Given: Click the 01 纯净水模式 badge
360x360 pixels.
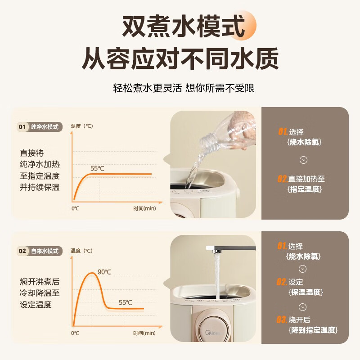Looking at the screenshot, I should (40, 127).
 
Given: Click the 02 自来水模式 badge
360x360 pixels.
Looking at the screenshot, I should (40, 251).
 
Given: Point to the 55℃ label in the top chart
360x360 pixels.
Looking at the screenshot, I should (97, 169).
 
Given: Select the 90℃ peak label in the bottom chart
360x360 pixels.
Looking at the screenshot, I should (104, 272).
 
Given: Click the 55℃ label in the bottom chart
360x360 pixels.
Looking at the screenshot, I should (125, 302).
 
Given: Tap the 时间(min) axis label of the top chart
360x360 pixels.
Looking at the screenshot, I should (144, 209).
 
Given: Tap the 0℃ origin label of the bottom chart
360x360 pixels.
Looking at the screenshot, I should (75, 333).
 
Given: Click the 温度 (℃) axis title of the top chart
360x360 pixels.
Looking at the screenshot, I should (82, 126).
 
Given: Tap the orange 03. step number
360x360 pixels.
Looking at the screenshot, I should (282, 320).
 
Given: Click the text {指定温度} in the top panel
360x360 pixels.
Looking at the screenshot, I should (305, 189).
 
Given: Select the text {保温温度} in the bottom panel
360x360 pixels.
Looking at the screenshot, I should (305, 292).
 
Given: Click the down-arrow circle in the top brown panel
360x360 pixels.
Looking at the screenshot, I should (303, 160).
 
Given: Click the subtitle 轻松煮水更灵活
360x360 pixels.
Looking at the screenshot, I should (147, 88).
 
